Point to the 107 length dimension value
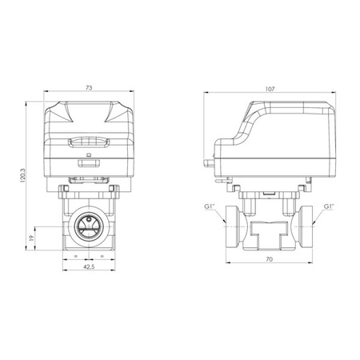269,90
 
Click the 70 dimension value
269,260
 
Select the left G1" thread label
209,207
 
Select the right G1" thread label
328,207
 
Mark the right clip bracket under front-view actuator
113,187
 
